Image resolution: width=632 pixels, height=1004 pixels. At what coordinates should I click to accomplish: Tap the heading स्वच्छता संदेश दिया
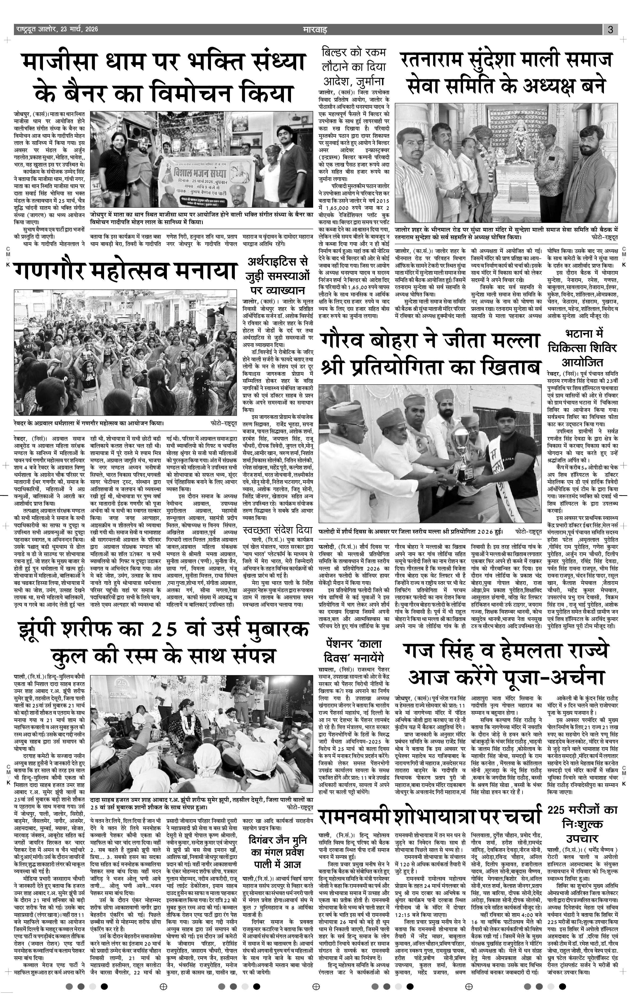[278, 530]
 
